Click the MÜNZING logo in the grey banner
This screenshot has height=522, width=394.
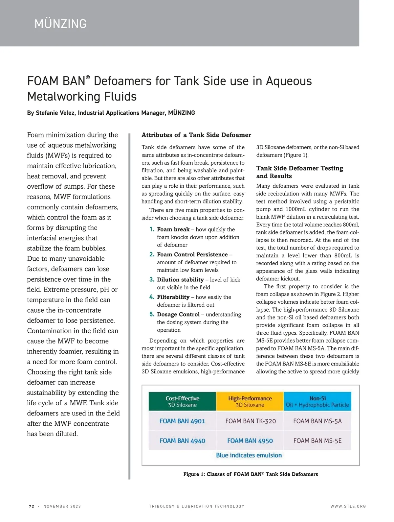[x=61, y=24]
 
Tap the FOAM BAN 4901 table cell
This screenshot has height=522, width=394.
[x=182, y=421]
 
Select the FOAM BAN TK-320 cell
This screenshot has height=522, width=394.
[x=251, y=421]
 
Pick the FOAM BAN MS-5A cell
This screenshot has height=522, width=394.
[x=317, y=421]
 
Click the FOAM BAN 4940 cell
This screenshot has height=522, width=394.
[x=182, y=440]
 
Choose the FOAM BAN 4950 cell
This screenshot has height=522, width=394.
[x=250, y=440]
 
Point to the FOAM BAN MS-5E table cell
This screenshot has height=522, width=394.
[x=317, y=440]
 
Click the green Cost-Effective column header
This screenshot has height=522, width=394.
[x=182, y=401]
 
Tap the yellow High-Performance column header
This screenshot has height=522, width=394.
[x=250, y=401]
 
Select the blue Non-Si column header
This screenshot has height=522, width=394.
[x=317, y=401]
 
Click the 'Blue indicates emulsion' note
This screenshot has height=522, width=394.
[x=249, y=455]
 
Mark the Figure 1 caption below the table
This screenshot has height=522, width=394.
[x=251, y=474]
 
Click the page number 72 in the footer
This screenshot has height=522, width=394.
[x=32, y=506]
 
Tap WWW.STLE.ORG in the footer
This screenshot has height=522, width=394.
[x=348, y=506]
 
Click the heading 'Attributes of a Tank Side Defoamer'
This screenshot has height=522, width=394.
[x=196, y=135]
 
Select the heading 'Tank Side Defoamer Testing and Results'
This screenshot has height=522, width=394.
[x=299, y=172]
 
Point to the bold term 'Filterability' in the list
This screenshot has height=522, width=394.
[x=173, y=297]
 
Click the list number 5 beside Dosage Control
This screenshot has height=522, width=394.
[x=152, y=314]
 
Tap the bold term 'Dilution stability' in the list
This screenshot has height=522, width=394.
[x=180, y=280]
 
